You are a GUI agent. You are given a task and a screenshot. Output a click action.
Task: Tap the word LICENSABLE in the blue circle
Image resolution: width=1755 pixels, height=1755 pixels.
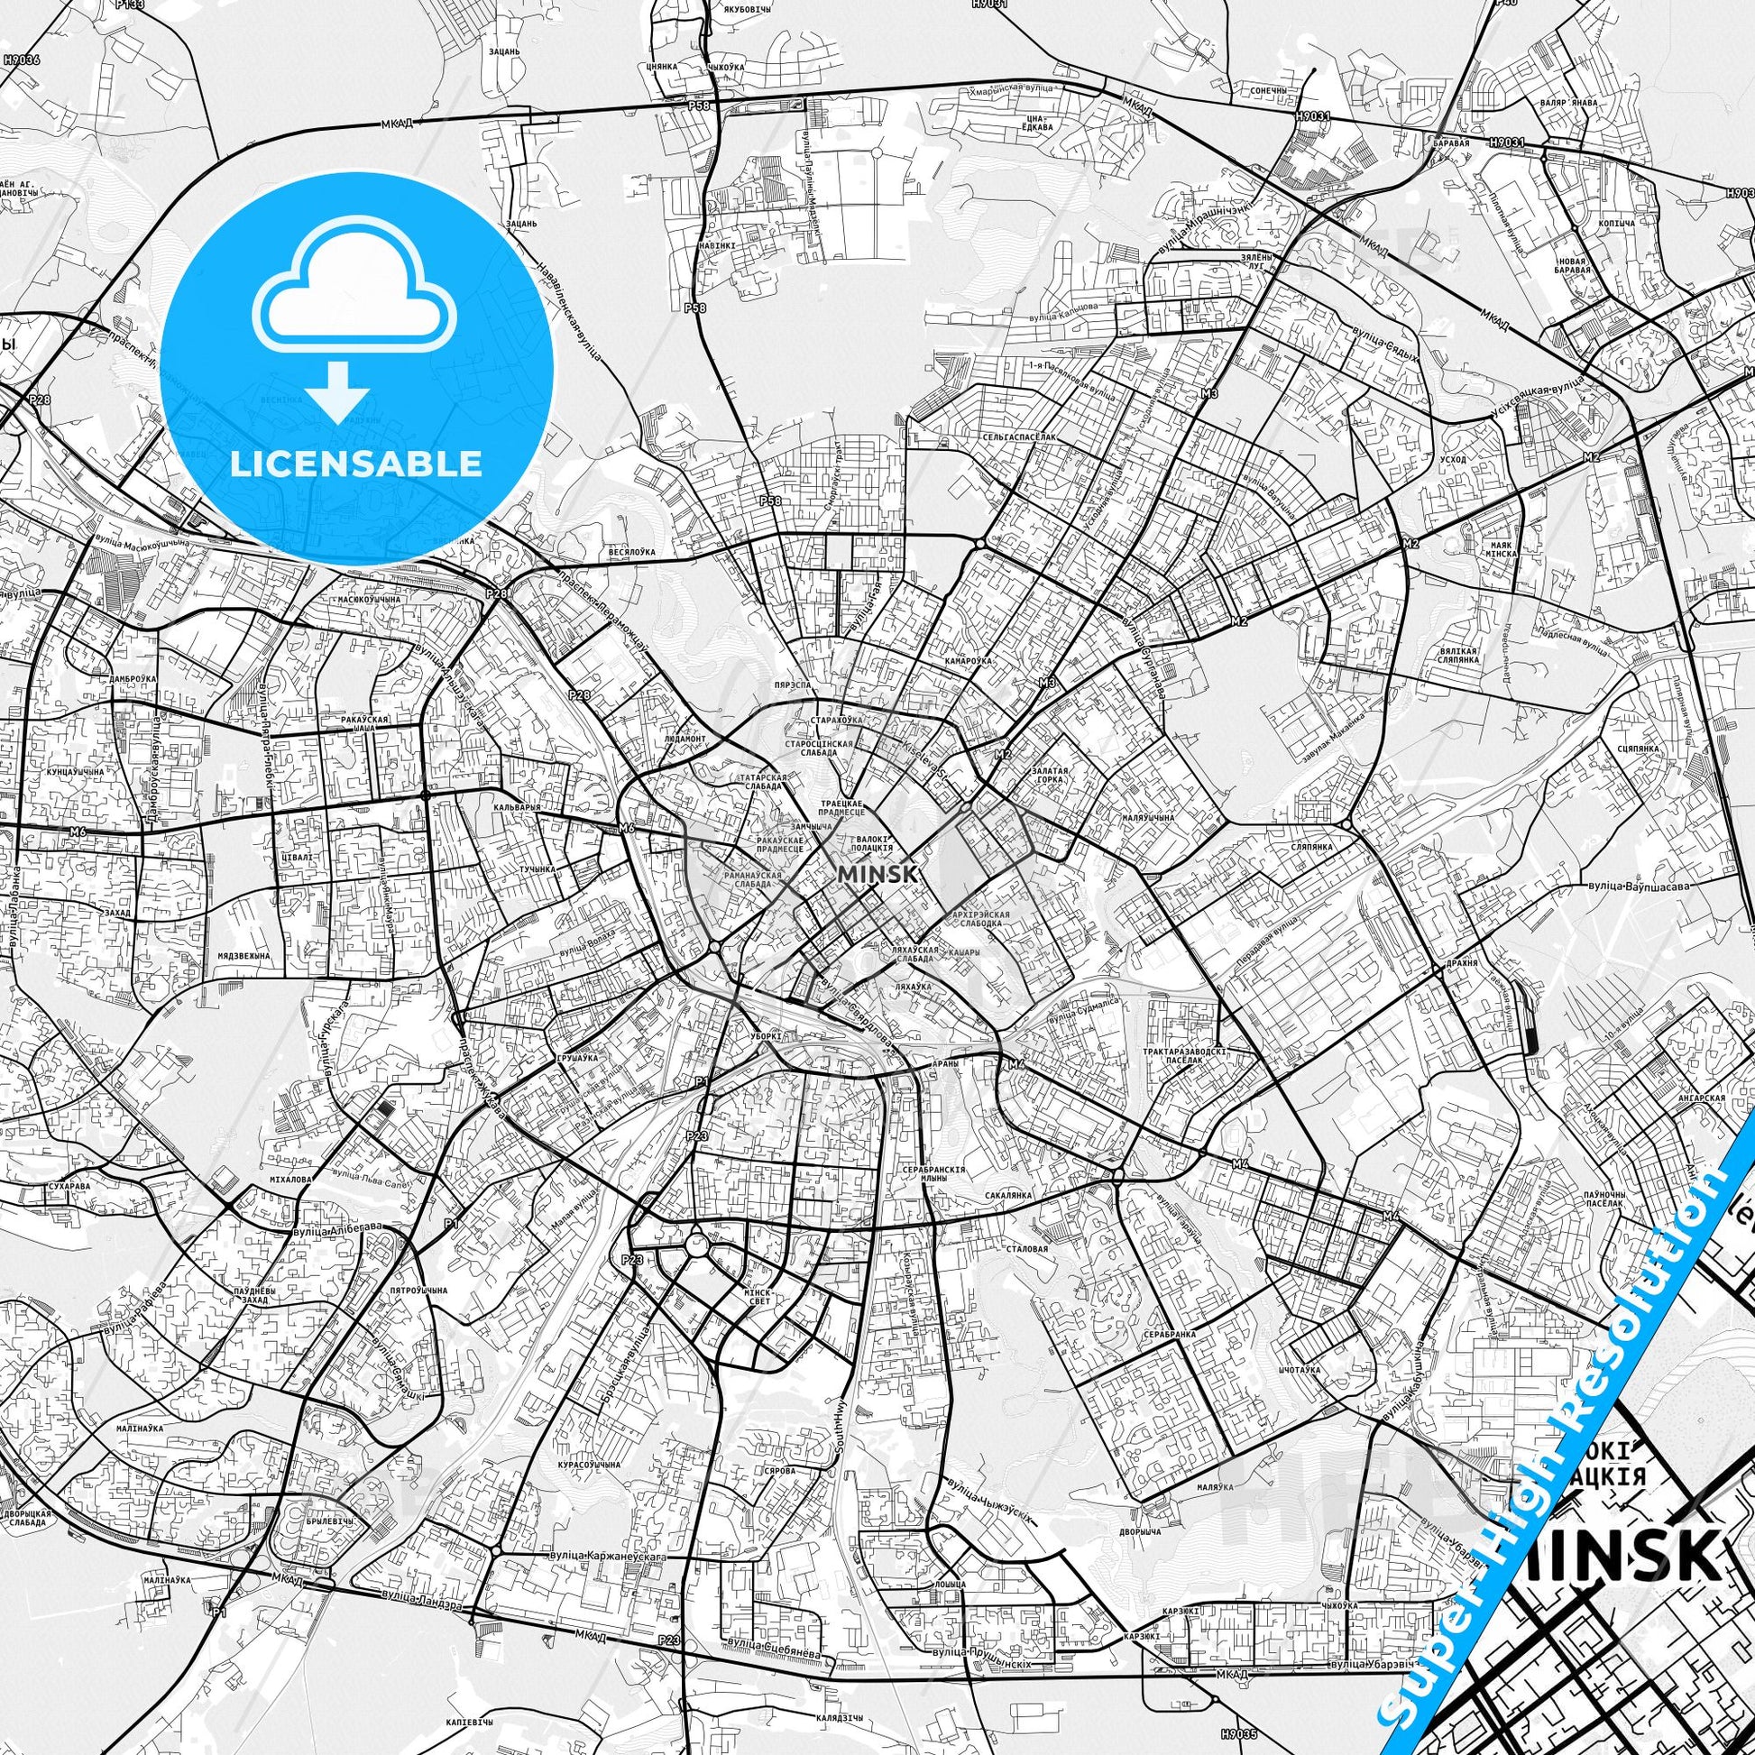(x=356, y=464)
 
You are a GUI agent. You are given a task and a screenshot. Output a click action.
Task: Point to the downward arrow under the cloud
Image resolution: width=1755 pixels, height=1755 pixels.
(x=337, y=391)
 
